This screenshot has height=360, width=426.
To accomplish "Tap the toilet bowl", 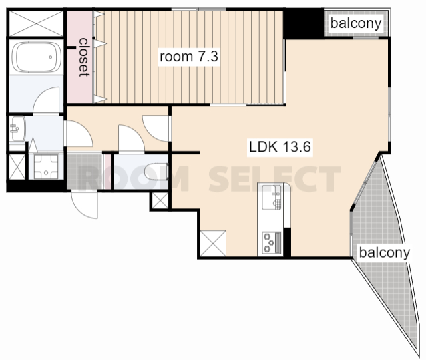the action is [156, 172].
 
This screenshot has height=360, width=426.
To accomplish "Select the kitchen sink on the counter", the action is [271, 197].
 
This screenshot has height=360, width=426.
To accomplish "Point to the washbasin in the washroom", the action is [18, 129].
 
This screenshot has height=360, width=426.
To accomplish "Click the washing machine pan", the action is [46, 166].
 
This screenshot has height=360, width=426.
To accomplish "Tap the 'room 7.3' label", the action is [189, 57].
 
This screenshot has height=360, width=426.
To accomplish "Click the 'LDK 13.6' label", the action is [280, 147].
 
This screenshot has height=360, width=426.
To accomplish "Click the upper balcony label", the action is [356, 23].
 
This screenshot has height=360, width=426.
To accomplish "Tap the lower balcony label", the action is [384, 252].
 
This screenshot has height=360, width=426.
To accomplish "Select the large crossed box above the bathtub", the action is [36, 23].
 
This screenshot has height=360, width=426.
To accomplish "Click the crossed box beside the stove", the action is [213, 243].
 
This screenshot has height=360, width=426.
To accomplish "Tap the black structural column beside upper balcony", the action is [304, 24].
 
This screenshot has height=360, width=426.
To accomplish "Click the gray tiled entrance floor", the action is [85, 171].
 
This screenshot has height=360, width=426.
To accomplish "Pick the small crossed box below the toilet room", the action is [160, 201].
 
